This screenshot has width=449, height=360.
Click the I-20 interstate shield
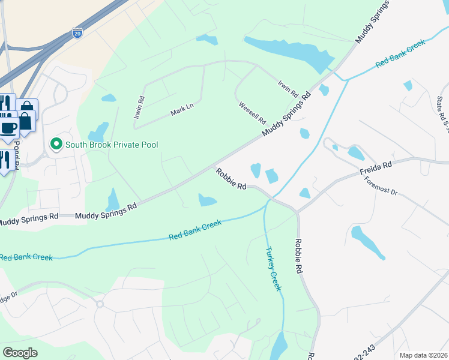pos(77,33)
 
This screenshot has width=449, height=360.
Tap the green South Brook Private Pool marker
pos(56,144)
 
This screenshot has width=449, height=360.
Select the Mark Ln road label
pos(182,109)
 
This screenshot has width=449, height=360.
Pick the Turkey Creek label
pos(273,271)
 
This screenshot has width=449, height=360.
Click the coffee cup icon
pos(9,127)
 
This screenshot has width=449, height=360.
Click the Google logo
pos(20,353)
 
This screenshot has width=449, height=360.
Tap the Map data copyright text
pos(424,355)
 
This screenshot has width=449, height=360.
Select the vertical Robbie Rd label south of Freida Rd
pos(298,256)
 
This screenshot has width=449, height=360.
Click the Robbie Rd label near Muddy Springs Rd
pos(232,178)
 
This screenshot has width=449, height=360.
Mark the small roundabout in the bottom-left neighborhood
pos(100,304)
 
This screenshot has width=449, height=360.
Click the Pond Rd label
pos(17,154)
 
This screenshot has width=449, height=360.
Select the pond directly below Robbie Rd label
pos(207,200)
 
